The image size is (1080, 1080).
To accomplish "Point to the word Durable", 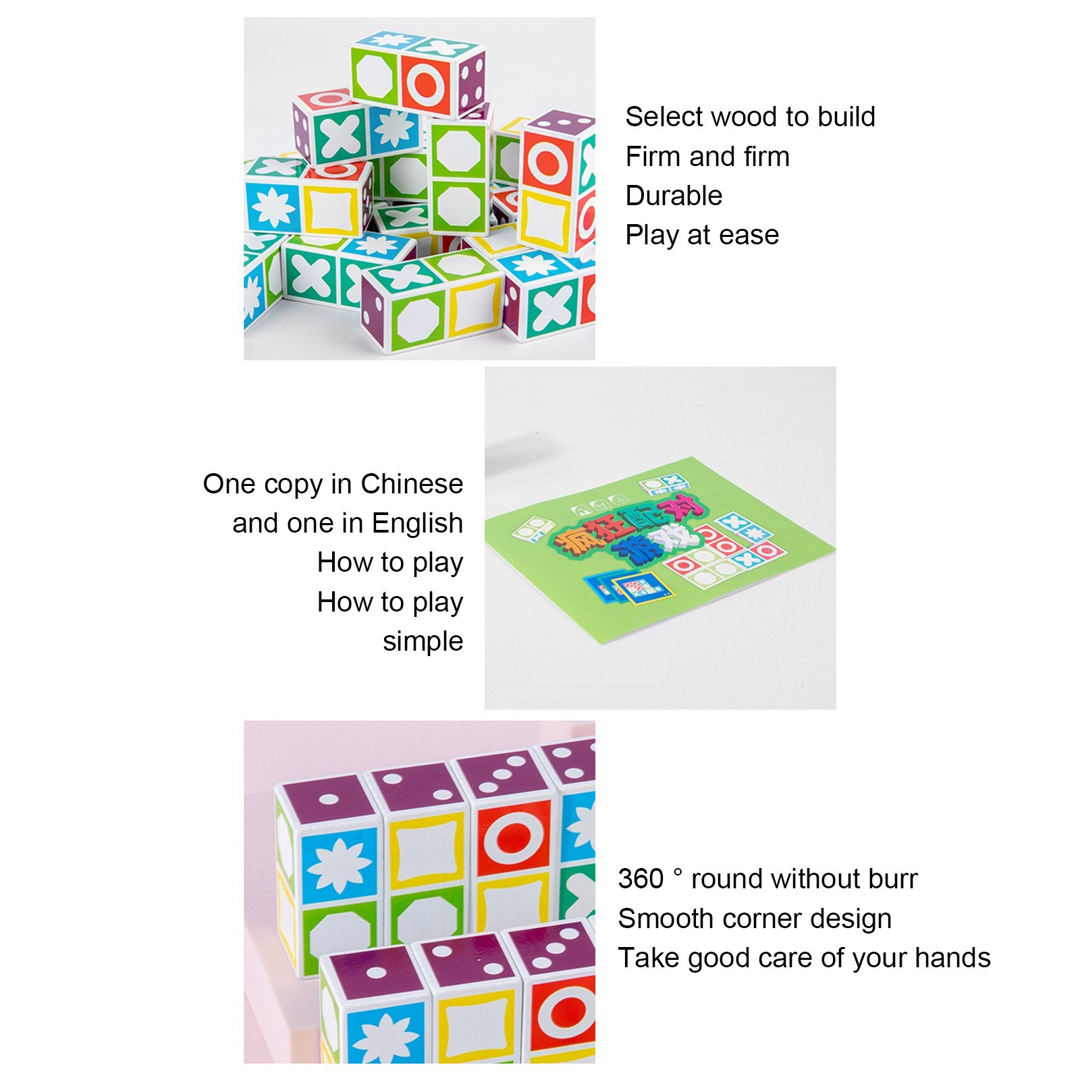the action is pyautogui.click(x=674, y=196).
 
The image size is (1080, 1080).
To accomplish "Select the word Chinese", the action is pyautogui.click(x=412, y=484).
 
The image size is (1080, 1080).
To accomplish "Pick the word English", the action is pyautogui.click(x=417, y=524).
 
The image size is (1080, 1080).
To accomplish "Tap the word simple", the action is pyautogui.click(x=423, y=642).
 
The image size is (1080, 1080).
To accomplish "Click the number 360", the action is pyautogui.click(x=641, y=879).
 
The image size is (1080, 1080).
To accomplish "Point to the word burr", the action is pyautogui.click(x=894, y=879).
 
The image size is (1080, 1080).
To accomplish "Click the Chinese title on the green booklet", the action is pyautogui.click(x=626, y=533).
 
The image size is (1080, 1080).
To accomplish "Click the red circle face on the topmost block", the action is pyautogui.click(x=427, y=84).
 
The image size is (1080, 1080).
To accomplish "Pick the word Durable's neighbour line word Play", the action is pyautogui.click(x=651, y=236).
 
